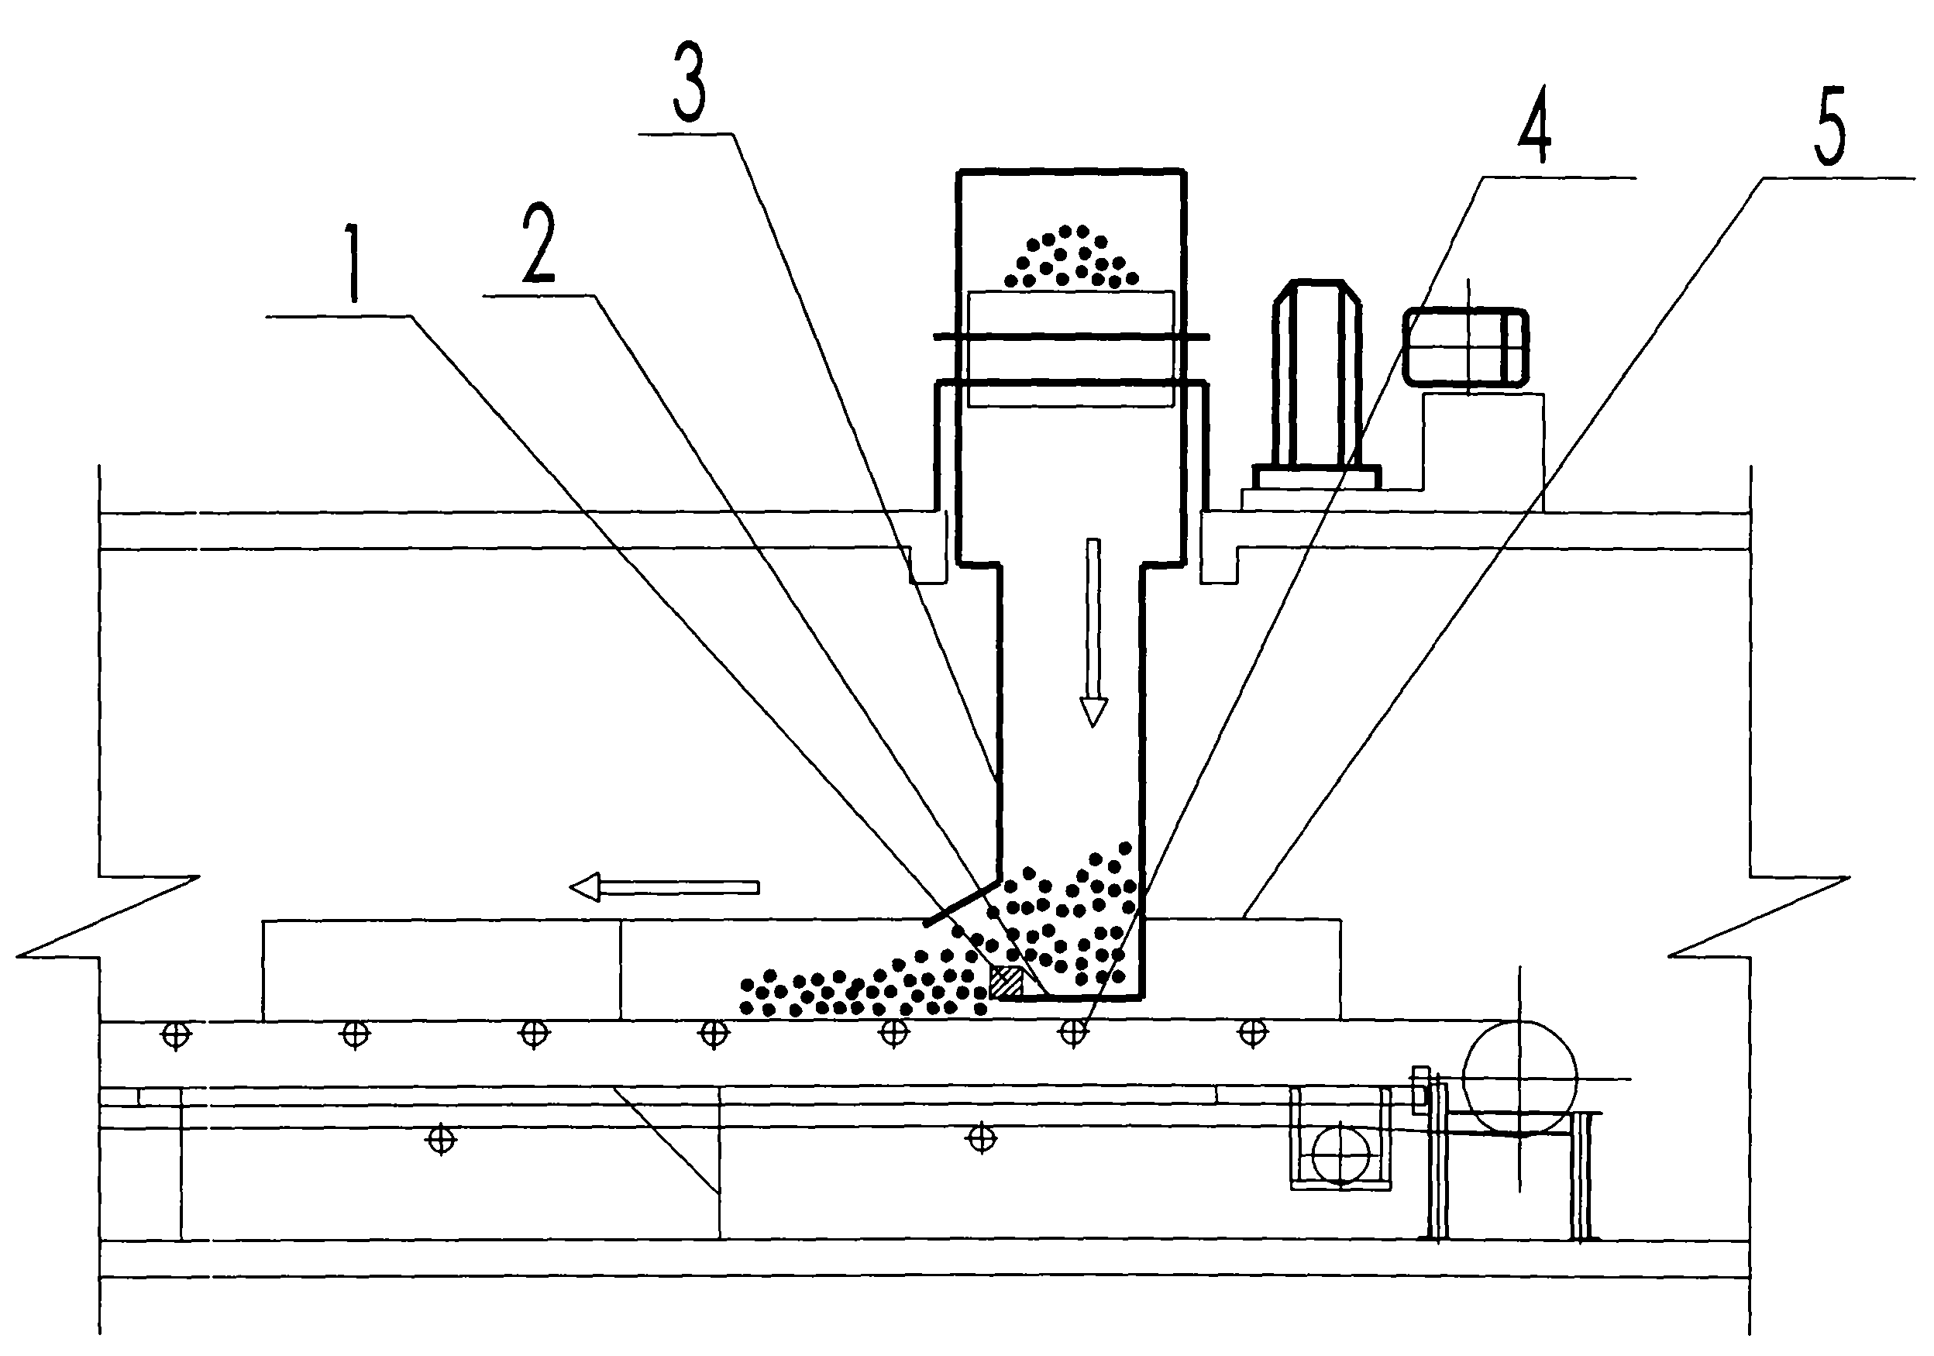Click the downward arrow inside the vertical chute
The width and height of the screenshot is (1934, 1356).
click(x=1093, y=632)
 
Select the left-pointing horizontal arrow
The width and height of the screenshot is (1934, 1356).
click(x=665, y=887)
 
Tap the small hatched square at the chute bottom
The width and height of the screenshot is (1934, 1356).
click(x=1006, y=982)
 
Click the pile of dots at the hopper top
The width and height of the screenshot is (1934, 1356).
click(x=1070, y=258)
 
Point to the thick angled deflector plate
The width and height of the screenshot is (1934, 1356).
click(x=960, y=904)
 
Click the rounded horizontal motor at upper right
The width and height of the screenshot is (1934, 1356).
click(x=1466, y=347)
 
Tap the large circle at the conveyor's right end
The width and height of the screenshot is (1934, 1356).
click(x=1519, y=1078)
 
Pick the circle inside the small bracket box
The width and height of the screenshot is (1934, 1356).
click(x=1340, y=1154)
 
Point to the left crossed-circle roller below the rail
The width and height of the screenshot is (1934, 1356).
click(x=442, y=1140)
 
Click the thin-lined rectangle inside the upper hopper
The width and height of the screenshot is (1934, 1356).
click(x=1071, y=349)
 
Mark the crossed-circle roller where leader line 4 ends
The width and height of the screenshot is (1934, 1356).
click(x=1072, y=1032)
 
